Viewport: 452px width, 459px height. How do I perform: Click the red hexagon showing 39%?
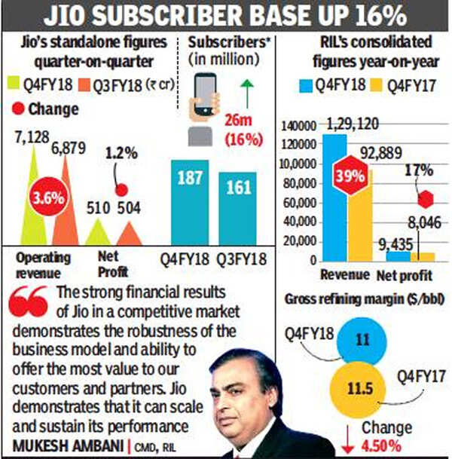click(349, 175)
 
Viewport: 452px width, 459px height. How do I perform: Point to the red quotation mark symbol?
click(33, 301)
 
